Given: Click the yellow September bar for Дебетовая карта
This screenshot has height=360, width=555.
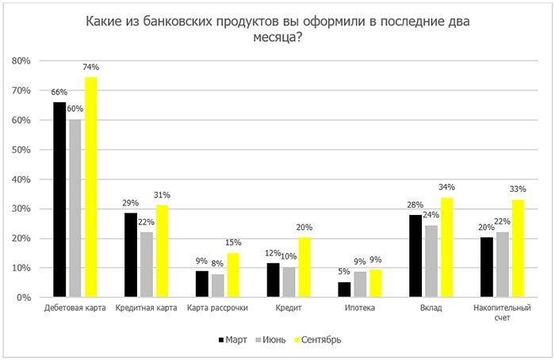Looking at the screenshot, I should [x=91, y=187].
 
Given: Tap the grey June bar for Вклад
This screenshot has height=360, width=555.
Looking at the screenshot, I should [x=431, y=261].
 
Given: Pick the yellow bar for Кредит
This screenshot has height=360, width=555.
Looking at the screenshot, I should [x=305, y=267].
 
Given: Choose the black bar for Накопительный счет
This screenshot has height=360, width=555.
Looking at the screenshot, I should [x=485, y=267].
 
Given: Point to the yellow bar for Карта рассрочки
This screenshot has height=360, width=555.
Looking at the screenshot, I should [x=233, y=275].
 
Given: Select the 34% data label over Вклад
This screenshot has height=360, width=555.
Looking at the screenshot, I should [x=446, y=187].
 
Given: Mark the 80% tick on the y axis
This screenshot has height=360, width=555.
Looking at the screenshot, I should [x=21, y=61].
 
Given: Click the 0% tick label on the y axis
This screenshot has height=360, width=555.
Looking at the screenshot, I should [x=24, y=297].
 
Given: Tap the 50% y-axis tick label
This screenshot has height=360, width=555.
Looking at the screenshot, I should [x=21, y=150].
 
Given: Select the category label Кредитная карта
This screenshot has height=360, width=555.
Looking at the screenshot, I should [x=146, y=307].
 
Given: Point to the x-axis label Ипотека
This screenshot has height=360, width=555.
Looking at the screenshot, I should [x=360, y=307].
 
